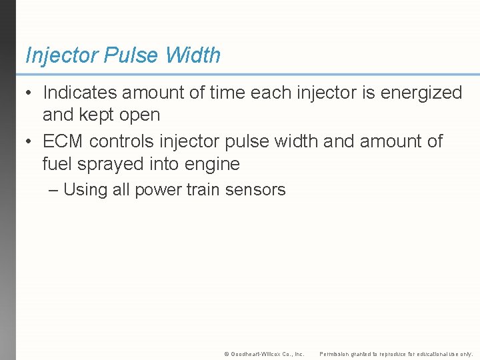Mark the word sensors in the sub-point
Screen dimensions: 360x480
255,190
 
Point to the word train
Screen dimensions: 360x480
203,190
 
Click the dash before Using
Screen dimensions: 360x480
54,190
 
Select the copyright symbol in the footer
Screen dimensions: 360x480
227,354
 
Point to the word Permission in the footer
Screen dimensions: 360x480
335,354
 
